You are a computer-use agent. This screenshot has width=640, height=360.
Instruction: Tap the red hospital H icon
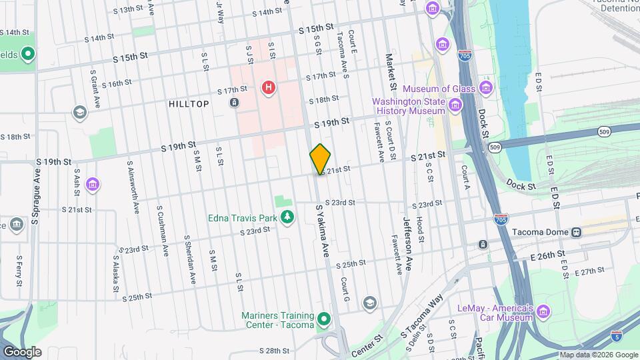point(269,87)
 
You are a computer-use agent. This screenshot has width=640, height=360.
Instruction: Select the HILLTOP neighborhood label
point(189,104)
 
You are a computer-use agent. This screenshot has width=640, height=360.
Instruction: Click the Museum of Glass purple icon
point(486,89)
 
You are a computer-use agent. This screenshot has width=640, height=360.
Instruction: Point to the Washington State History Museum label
point(408,106)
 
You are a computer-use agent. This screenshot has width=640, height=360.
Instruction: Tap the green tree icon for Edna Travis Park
point(287,217)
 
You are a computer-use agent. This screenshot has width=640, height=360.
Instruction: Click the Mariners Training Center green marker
point(325,320)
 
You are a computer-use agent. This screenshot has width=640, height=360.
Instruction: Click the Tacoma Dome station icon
point(575,232)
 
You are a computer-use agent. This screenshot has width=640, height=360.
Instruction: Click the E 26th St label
point(548,254)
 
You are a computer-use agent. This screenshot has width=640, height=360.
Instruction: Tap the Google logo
point(22,351)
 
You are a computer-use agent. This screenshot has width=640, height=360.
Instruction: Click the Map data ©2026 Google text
point(597,355)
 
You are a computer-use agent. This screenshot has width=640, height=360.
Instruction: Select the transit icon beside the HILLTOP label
point(234,103)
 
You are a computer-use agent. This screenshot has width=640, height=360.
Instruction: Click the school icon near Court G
point(369,304)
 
